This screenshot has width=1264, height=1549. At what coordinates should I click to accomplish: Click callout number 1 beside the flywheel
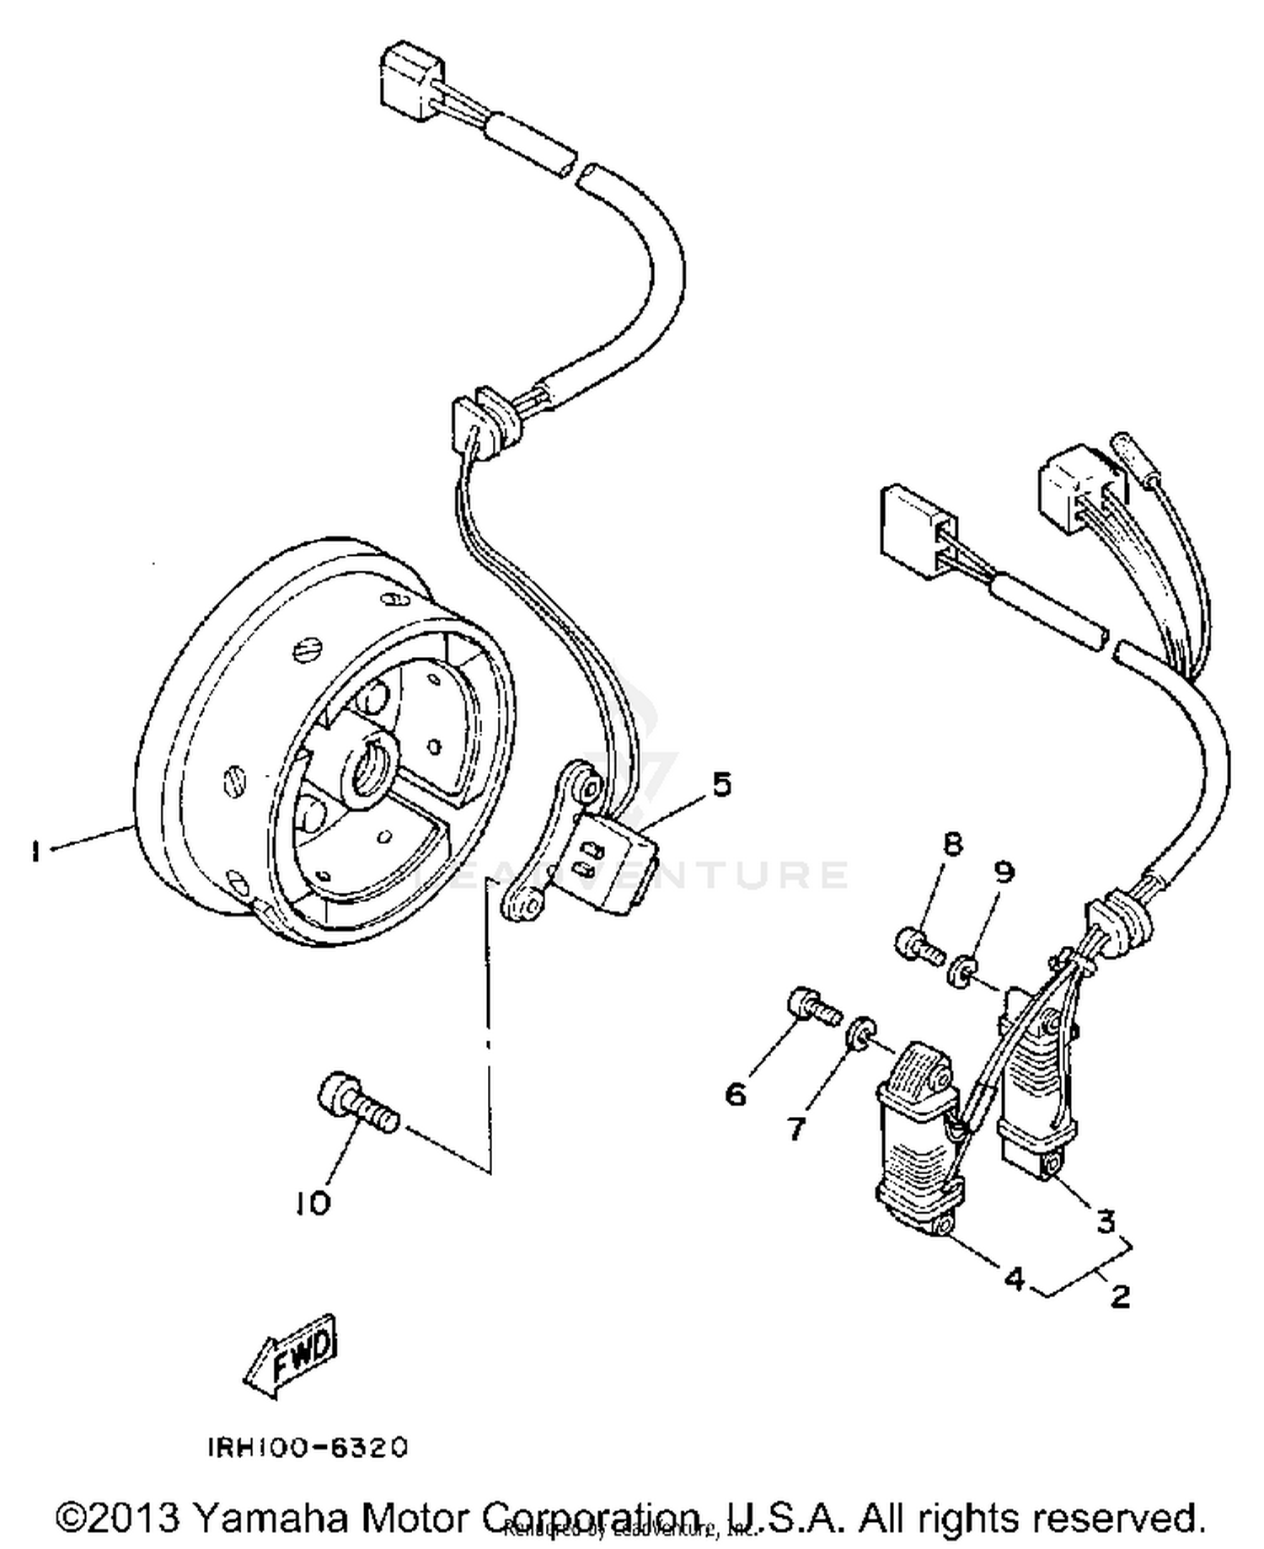click(35, 852)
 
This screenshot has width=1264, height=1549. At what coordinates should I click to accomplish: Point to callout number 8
click(952, 844)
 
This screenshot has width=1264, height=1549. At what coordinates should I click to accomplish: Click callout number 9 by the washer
click(1003, 872)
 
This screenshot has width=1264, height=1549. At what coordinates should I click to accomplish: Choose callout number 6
click(736, 1094)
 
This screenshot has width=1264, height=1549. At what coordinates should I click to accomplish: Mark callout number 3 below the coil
click(1106, 1221)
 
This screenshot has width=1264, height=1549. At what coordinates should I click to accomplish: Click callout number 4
click(1014, 1278)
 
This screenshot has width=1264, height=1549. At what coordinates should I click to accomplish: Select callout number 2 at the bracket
click(1120, 1295)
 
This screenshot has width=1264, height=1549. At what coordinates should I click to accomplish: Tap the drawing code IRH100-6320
click(308, 1446)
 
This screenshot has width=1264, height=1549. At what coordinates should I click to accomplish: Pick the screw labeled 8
click(917, 945)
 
